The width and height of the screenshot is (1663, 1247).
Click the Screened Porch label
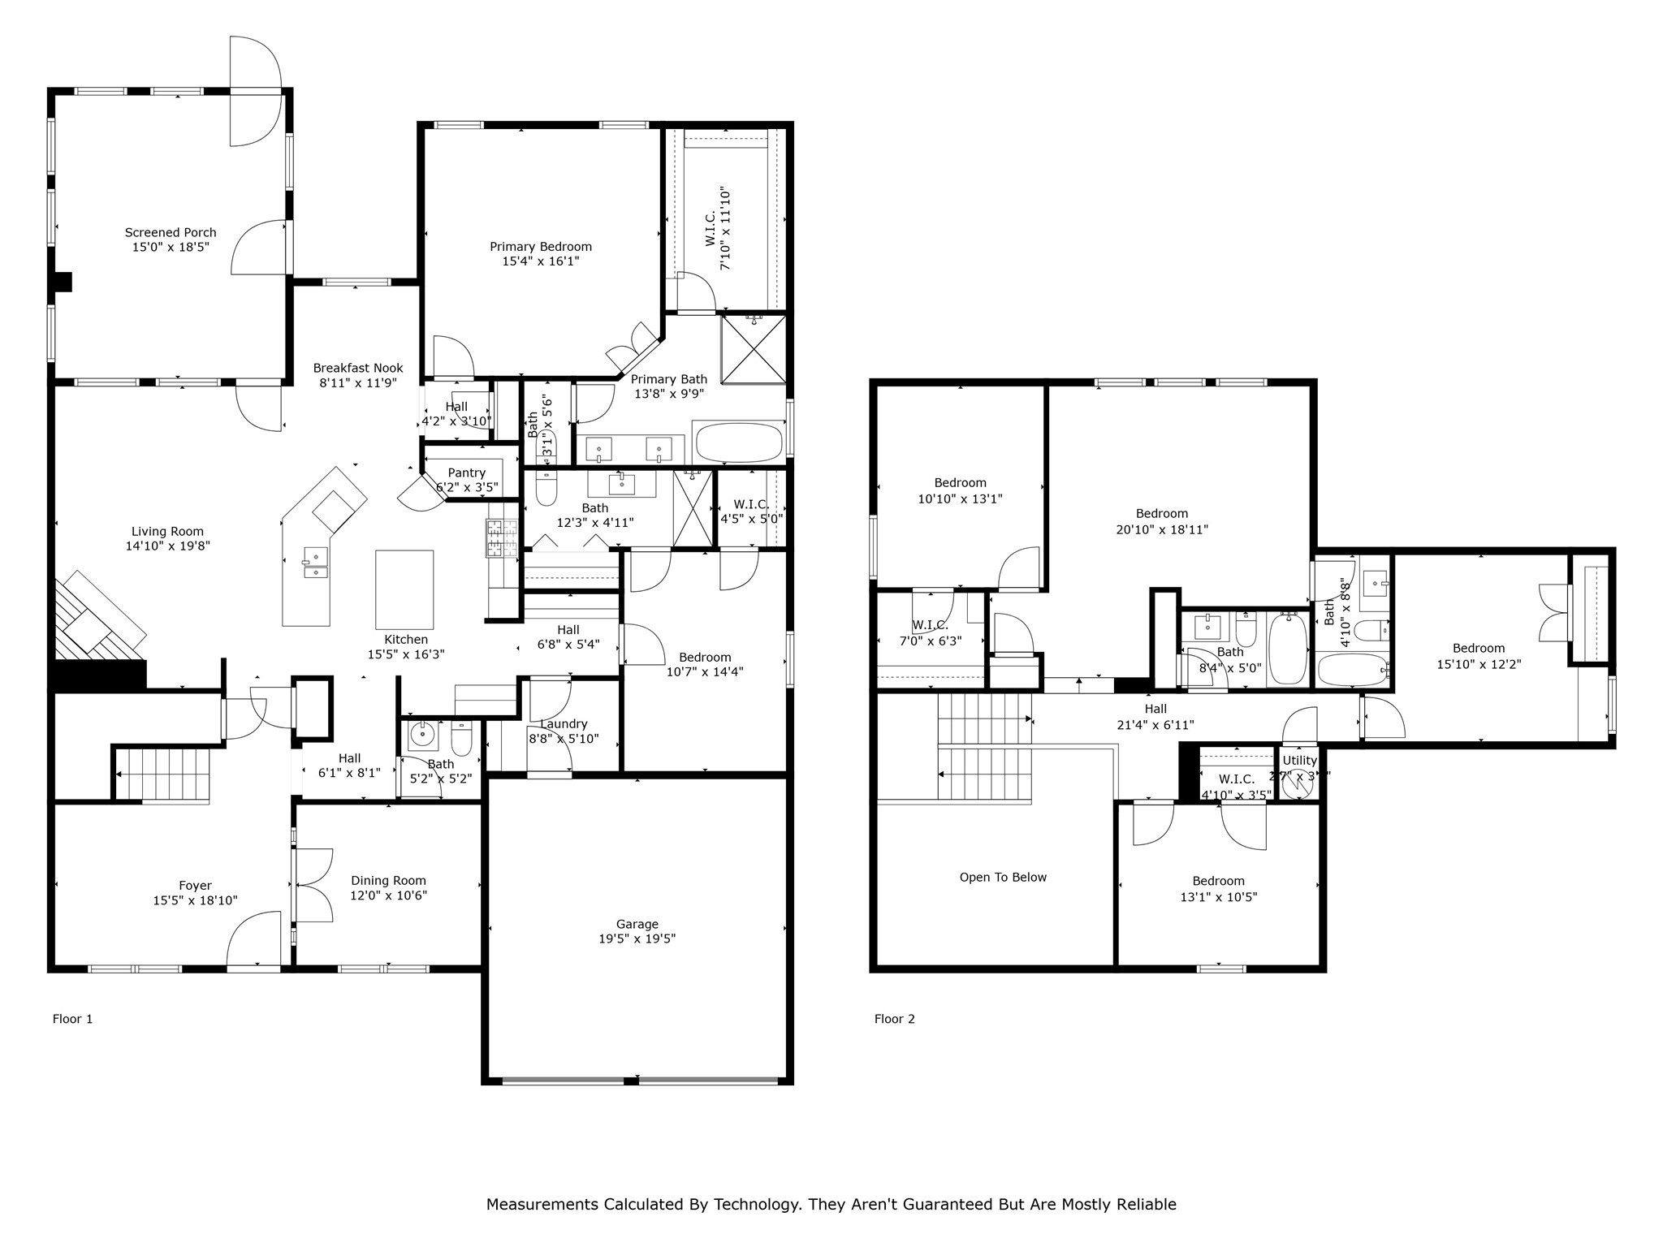coord(171,232)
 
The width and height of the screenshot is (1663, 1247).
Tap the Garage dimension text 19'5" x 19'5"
coord(637,938)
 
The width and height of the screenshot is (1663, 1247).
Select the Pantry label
coord(466,472)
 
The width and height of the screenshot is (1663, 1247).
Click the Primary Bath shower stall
coord(754,349)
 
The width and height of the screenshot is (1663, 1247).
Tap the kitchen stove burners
coord(502,537)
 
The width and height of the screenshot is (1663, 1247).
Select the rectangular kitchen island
coord(404,589)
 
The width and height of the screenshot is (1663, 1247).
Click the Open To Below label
coord(1003,877)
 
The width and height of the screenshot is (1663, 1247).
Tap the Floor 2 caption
coord(894,1019)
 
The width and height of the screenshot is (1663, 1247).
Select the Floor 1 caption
coord(72,1019)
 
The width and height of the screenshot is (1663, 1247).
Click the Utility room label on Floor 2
coord(1299,761)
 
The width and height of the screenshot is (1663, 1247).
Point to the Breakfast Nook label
coord(358,368)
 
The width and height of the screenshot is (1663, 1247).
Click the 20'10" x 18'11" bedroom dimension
coord(1161,529)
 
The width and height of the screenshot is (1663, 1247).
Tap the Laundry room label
coord(564,724)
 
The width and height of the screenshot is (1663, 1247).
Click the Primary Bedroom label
coord(540,247)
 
